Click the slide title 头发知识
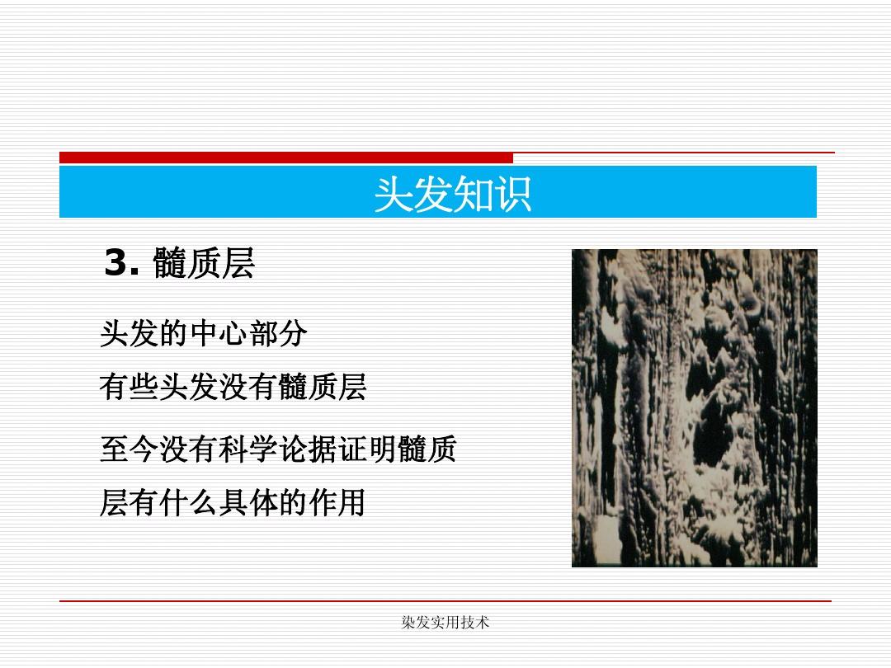click(x=453, y=195)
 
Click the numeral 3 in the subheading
click(x=116, y=263)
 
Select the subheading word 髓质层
click(x=204, y=263)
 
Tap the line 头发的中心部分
click(x=204, y=333)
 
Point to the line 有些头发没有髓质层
click(x=233, y=388)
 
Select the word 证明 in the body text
click(x=367, y=449)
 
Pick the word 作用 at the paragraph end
click(x=337, y=503)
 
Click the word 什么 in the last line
click(x=189, y=503)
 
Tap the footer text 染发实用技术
click(x=445, y=623)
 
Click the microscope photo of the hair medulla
click(x=695, y=408)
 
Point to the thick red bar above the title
click(x=286, y=158)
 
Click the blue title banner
click(x=438, y=192)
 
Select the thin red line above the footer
click(x=445, y=600)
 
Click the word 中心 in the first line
click(x=218, y=333)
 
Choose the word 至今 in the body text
click(x=130, y=449)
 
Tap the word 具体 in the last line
click(x=247, y=503)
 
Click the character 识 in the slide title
click(x=512, y=195)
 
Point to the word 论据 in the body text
click(x=308, y=449)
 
